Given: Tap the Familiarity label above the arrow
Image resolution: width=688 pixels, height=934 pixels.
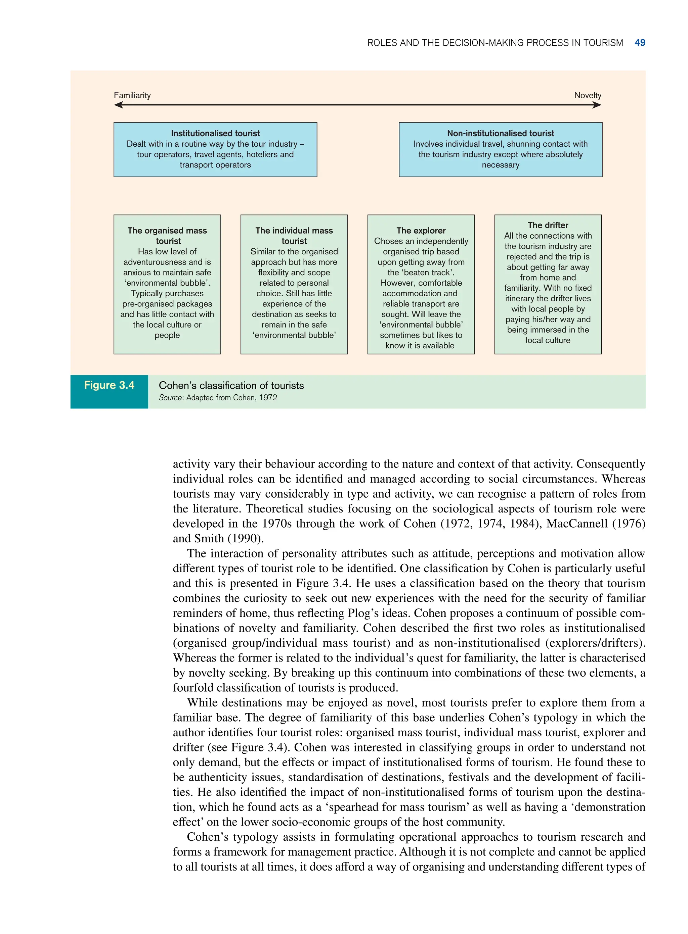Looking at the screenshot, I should click(x=132, y=95).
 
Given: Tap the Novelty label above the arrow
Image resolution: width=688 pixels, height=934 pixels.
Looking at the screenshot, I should click(x=587, y=95).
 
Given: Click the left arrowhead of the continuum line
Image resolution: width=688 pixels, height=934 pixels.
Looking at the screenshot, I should click(x=118, y=105).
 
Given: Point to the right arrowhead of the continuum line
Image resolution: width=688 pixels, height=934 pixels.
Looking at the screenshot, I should click(x=597, y=105).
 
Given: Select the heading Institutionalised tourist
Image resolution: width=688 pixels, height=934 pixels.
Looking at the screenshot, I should click(x=215, y=133).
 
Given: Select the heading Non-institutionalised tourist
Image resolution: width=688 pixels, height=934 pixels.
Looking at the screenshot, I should click(x=500, y=133).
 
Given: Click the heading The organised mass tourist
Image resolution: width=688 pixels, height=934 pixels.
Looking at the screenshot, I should click(x=167, y=236).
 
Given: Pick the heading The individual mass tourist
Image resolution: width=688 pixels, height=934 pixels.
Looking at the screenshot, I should click(x=294, y=236).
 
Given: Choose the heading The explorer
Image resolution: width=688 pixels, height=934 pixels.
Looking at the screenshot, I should click(x=421, y=231).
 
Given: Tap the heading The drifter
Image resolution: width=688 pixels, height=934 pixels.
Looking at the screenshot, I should click(x=548, y=225).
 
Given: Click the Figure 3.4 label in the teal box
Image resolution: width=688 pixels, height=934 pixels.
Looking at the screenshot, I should click(x=109, y=385).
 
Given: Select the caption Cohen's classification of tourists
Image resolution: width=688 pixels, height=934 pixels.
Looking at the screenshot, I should click(x=231, y=385).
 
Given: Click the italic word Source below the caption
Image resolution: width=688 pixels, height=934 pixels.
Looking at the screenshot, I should click(x=170, y=398).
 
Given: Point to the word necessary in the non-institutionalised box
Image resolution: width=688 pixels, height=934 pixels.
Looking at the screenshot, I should click(x=500, y=165).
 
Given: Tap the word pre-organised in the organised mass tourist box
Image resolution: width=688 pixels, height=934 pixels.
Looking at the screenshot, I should click(x=144, y=304).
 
